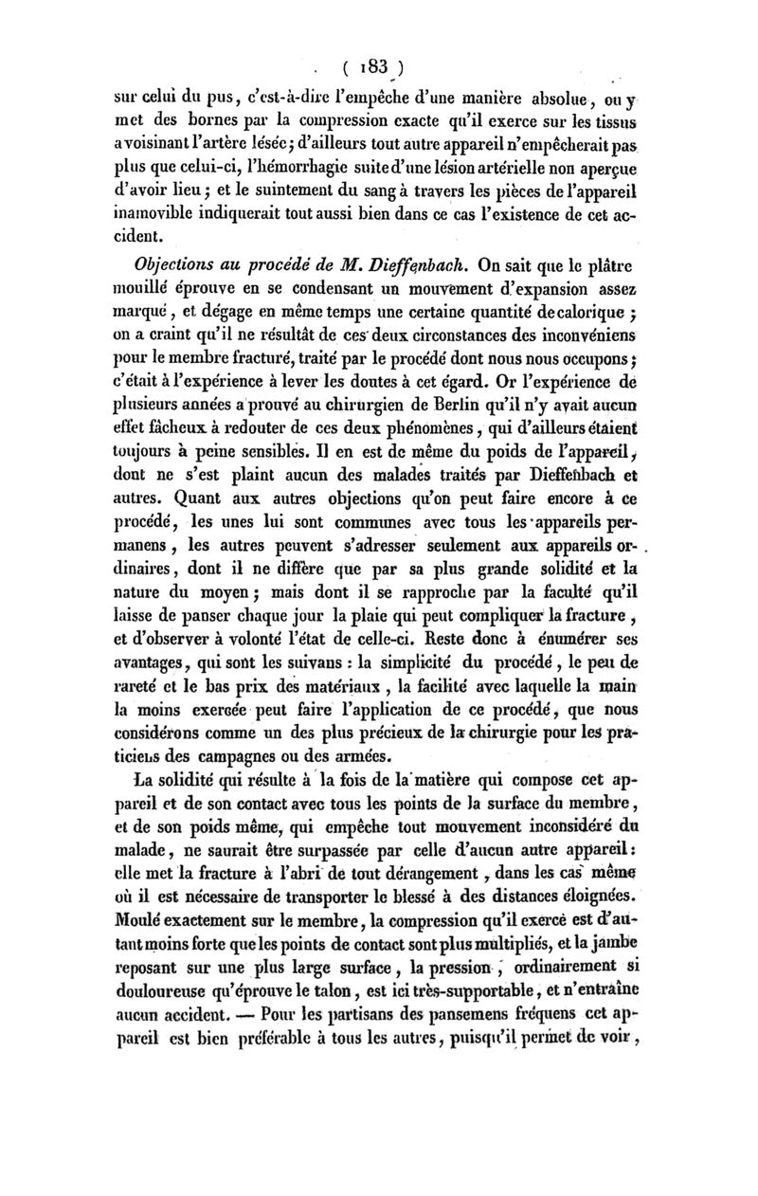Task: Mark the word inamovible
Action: coord(162,216)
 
